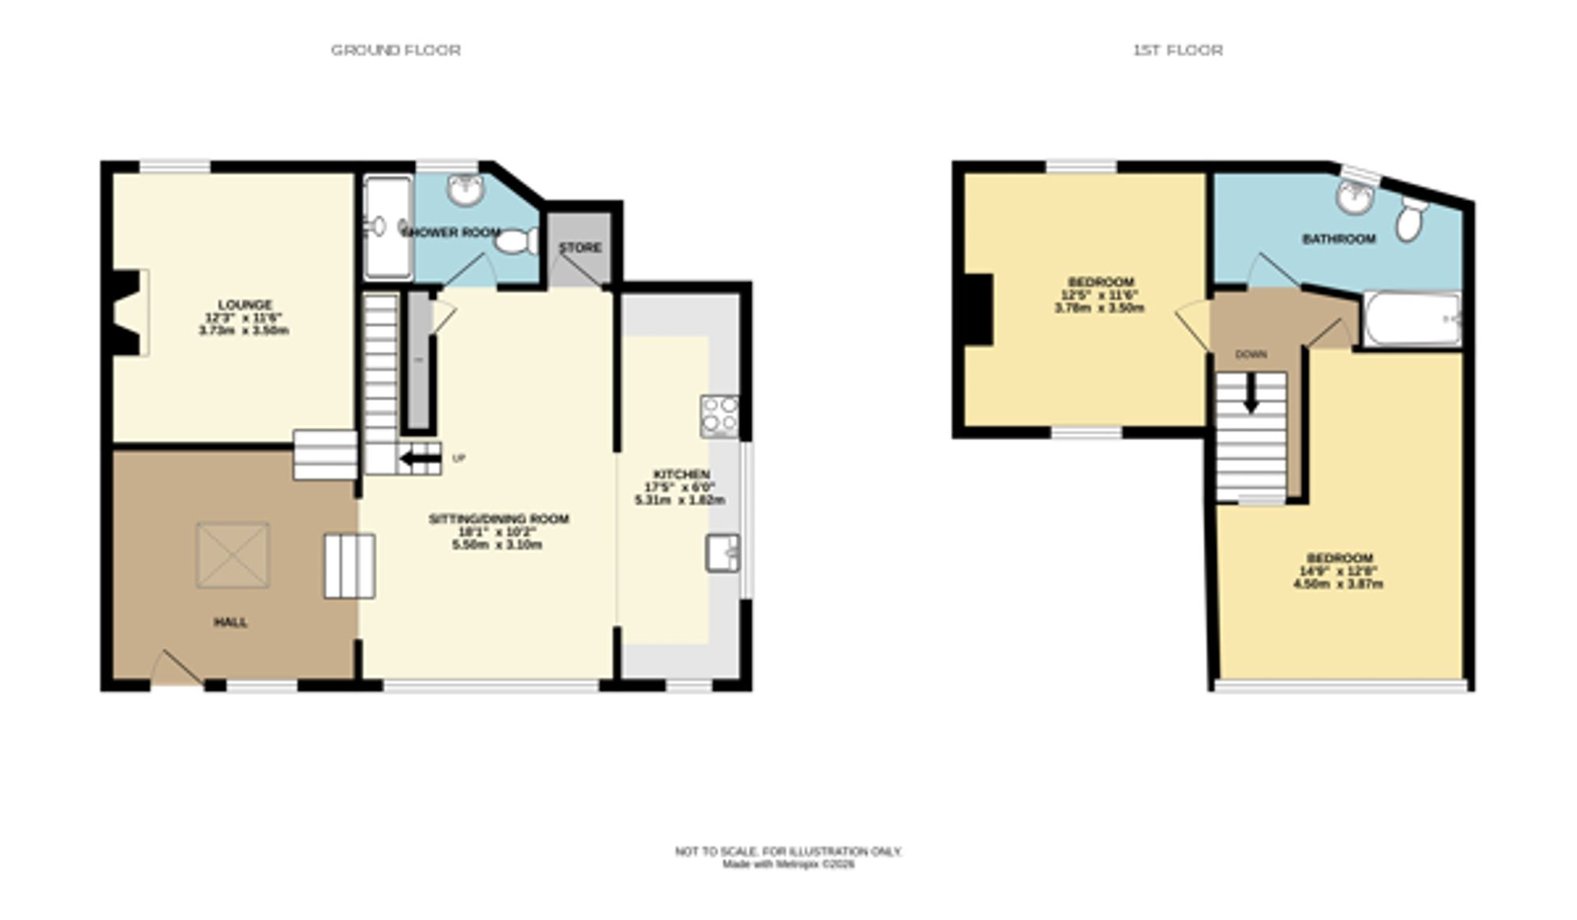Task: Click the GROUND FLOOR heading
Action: pos(395,50)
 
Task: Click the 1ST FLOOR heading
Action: pos(1177,50)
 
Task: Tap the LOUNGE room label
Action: pos(244,304)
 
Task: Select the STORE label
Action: pos(580,248)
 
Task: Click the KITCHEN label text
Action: pos(681,474)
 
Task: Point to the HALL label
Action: pos(230,622)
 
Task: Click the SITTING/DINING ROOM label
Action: pos(498,519)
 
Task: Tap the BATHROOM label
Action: pos(1338,239)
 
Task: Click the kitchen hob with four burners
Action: pos(719,416)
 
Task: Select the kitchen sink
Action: pos(722,552)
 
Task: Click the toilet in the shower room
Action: pos(516,241)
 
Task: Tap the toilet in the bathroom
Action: pos(1410,217)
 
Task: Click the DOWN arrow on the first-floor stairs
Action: pos(1251,393)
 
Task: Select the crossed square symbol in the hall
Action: pos(233,555)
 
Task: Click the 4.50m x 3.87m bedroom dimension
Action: pos(1338,584)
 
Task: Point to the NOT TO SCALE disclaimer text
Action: pos(788,851)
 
